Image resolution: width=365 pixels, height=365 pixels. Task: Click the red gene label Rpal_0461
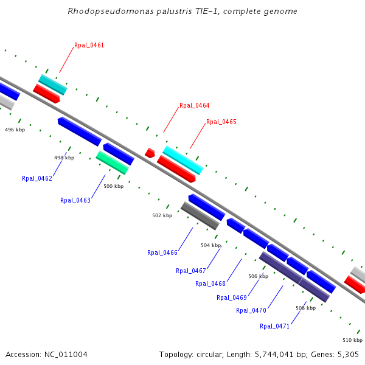click(x=89, y=45)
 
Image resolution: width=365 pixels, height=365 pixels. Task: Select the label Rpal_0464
click(x=194, y=105)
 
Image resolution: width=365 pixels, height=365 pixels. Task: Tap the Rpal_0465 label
click(x=221, y=122)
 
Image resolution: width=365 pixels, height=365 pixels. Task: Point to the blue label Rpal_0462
click(x=36, y=178)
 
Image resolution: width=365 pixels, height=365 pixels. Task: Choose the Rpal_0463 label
click(x=75, y=200)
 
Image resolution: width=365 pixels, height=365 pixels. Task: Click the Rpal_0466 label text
click(x=162, y=252)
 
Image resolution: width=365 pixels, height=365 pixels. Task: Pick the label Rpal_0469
click(x=231, y=297)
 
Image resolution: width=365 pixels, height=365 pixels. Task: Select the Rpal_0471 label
click(x=274, y=326)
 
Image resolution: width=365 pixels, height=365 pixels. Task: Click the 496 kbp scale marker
click(x=15, y=130)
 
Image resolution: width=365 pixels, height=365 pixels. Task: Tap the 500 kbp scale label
click(x=113, y=186)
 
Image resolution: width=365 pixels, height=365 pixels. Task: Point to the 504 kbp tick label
click(x=210, y=245)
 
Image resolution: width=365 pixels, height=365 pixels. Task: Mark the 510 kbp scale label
click(x=352, y=339)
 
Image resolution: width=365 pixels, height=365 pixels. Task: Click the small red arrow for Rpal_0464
click(x=150, y=153)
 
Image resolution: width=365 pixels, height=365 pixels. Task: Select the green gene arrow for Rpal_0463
click(x=112, y=162)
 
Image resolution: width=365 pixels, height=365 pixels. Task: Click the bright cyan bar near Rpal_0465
click(x=182, y=160)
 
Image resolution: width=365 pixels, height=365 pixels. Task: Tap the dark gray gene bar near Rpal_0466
click(x=200, y=216)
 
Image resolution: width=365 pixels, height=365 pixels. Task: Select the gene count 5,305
click(x=347, y=354)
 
